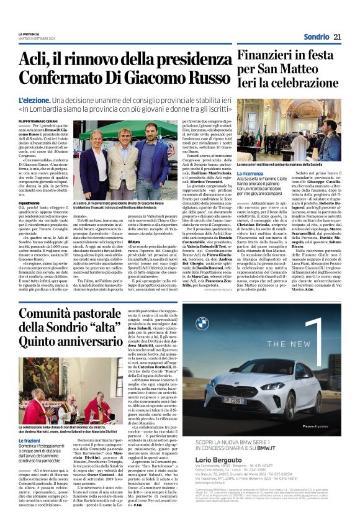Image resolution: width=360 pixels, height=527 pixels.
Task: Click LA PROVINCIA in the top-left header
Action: click(x=29, y=34)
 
